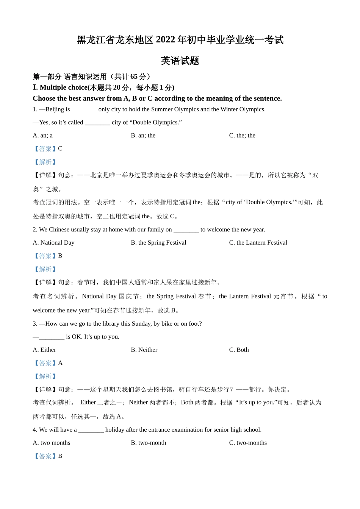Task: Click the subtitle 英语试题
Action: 180,61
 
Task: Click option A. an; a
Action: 43,136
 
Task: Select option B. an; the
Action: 143,136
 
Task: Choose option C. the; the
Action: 242,136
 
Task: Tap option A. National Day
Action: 53,243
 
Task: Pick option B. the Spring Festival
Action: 158,243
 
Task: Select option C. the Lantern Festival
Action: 258,243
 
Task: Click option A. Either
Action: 44,350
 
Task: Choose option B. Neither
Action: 144,350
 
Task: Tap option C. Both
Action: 239,350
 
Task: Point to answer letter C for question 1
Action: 60,149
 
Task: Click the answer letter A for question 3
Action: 60,363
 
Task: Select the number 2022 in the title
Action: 165,40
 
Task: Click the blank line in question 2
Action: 186,230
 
